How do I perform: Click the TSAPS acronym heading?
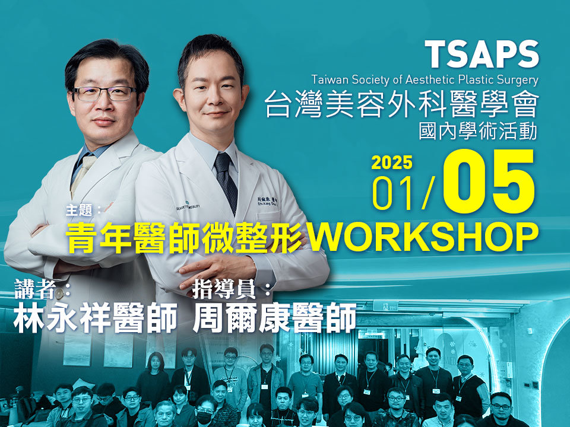[482, 54]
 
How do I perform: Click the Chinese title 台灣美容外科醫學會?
[402, 104]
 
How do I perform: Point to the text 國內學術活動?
[478, 131]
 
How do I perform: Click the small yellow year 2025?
[392, 162]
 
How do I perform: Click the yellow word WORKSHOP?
[423, 237]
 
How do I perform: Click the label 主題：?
[84, 210]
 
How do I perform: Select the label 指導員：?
[232, 289]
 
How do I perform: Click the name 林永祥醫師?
[95, 318]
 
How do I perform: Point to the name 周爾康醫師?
[274, 318]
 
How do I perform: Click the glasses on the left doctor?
[104, 94]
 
